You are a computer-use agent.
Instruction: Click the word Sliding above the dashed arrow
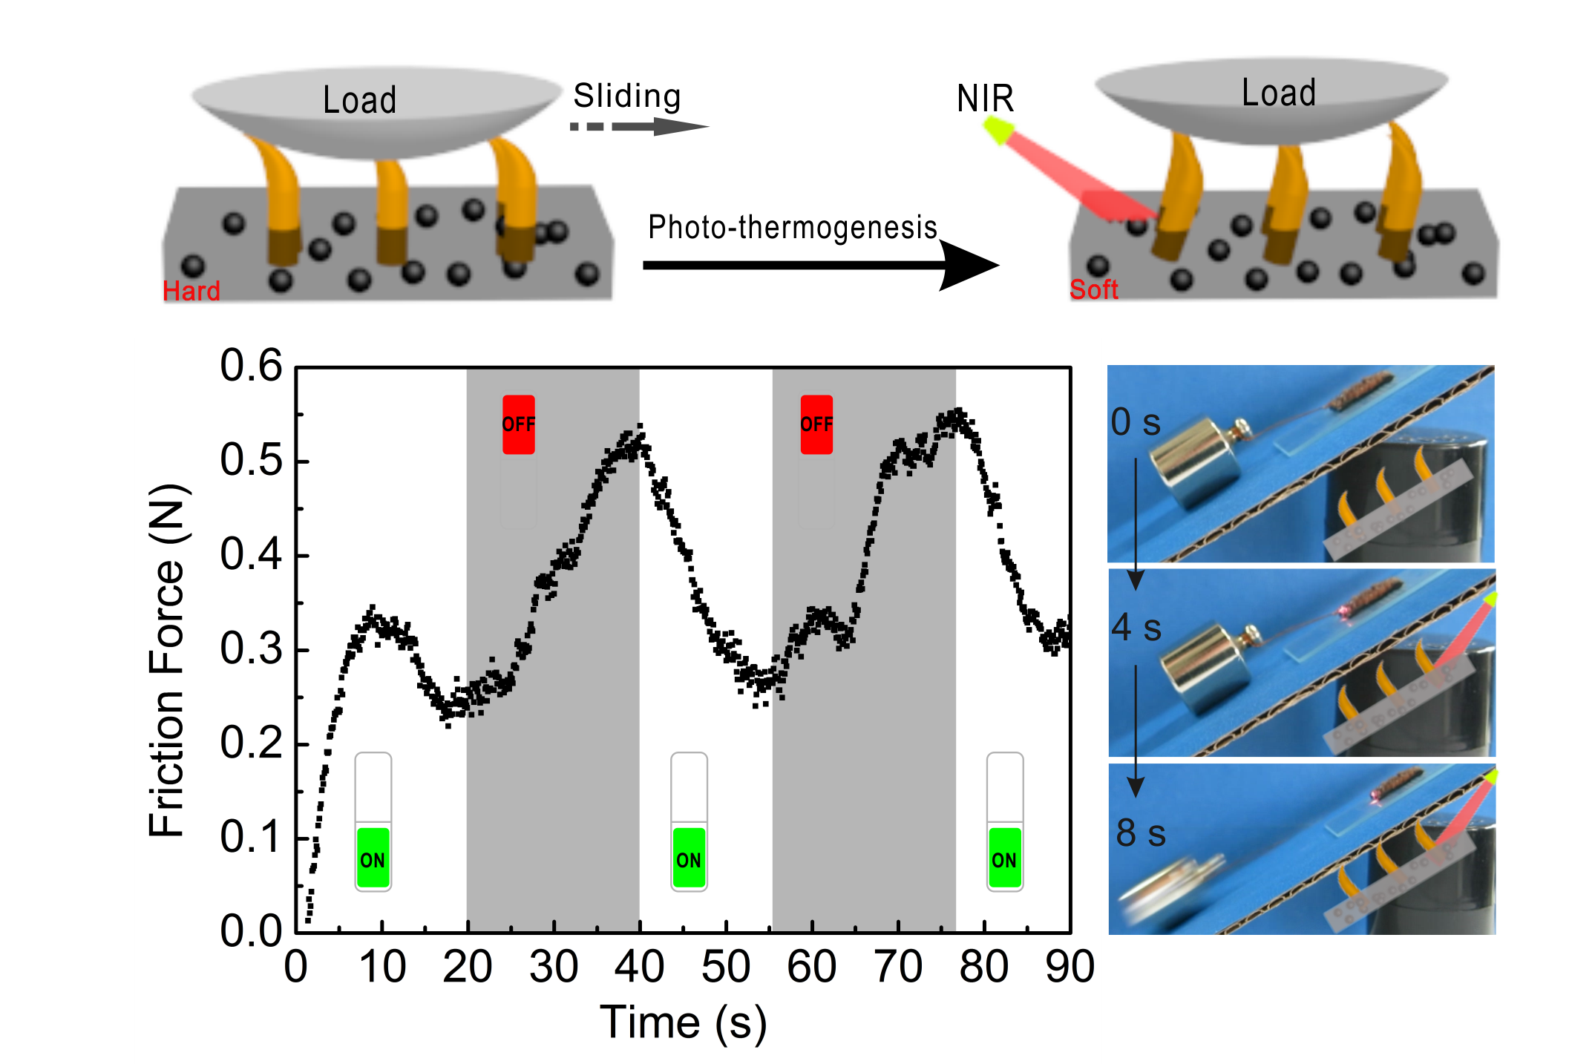[627, 96]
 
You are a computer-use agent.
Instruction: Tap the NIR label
[985, 99]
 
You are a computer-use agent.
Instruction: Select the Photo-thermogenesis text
[792, 228]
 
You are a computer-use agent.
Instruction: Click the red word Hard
[191, 291]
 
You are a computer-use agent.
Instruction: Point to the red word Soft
[1093, 289]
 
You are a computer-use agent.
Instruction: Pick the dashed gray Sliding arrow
[638, 127]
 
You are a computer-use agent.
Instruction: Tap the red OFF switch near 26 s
[518, 424]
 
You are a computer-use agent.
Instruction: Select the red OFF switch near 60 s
[816, 424]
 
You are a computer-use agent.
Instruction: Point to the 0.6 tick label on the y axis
[251, 366]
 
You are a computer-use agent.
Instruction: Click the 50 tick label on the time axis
[725, 967]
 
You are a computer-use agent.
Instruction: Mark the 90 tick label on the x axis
[1070, 967]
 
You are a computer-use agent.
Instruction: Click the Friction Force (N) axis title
[168, 660]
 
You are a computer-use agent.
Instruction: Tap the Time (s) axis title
[683, 1022]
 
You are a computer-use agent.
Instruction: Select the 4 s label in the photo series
[1136, 628]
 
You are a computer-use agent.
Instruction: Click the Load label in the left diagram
[360, 100]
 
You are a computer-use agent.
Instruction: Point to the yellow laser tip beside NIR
[996, 131]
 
